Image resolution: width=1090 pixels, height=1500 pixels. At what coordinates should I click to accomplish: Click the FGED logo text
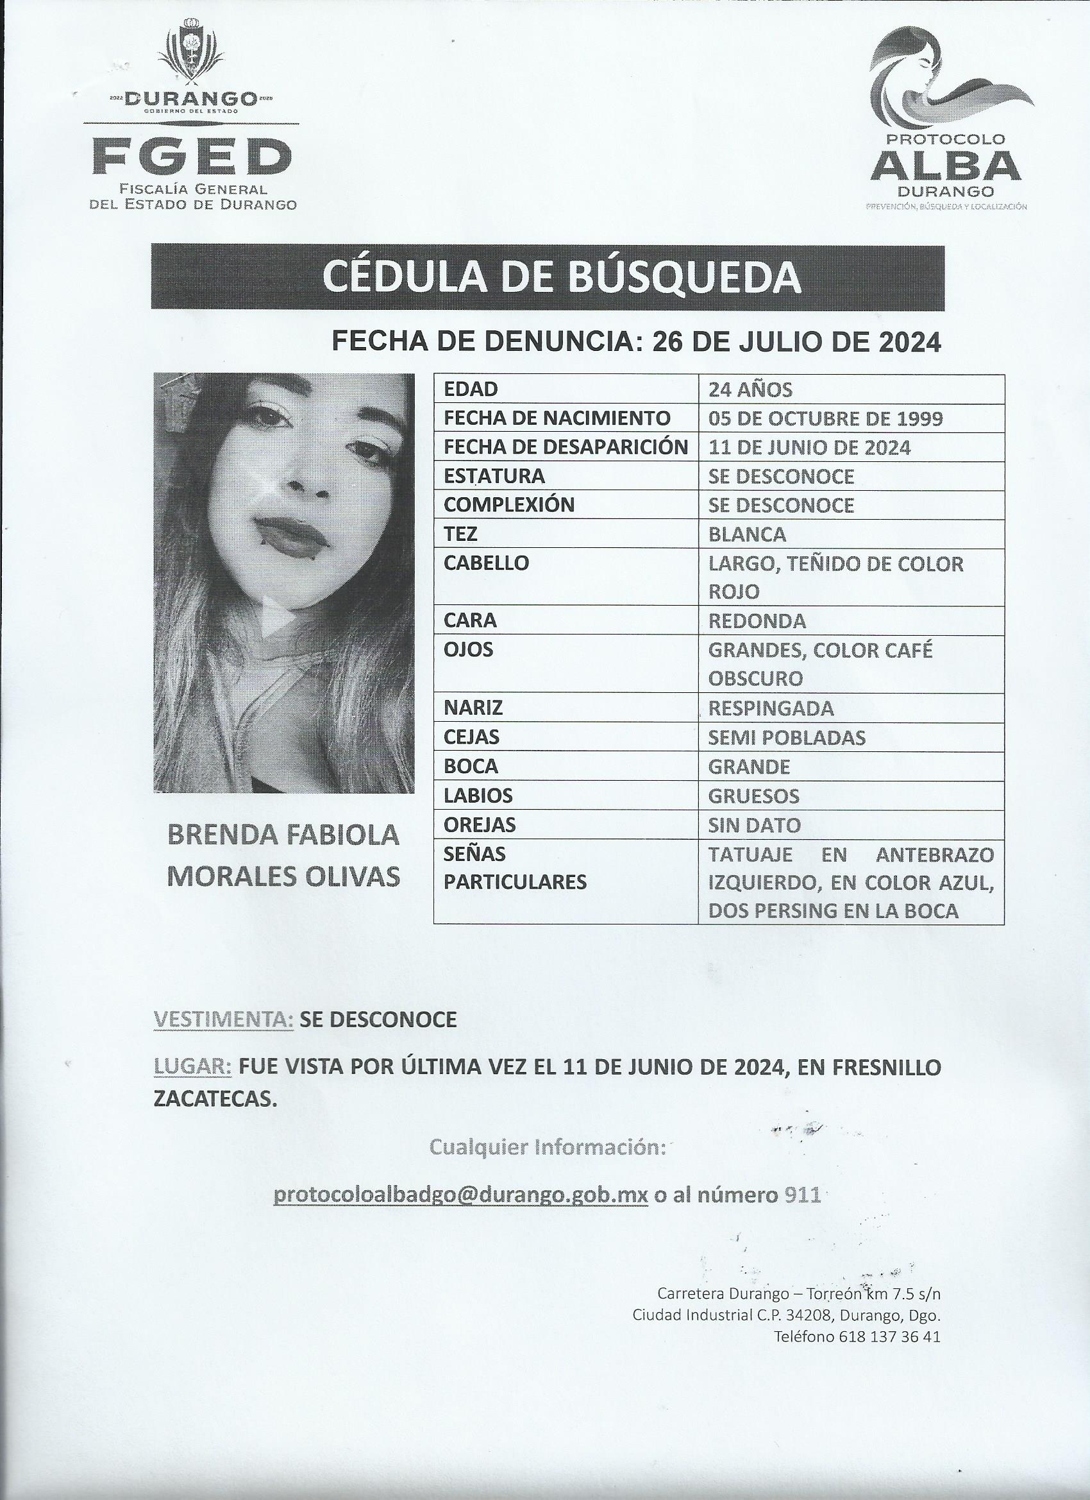(x=192, y=155)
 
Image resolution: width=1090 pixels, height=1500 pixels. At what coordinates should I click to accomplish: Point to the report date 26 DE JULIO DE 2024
(x=796, y=342)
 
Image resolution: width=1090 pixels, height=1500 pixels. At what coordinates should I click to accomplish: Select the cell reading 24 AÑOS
(x=750, y=389)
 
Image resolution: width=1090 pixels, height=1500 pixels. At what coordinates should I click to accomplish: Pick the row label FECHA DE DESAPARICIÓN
(x=566, y=448)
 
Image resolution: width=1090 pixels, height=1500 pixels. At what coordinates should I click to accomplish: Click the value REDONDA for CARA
(x=757, y=621)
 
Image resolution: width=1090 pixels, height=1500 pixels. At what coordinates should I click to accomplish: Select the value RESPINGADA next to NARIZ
(x=771, y=708)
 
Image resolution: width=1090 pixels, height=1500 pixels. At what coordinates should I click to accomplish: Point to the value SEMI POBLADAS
(x=787, y=737)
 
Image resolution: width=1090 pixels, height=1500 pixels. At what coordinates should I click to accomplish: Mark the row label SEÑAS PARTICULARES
(x=515, y=867)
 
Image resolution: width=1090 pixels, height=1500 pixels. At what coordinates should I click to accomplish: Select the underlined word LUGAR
(x=192, y=1067)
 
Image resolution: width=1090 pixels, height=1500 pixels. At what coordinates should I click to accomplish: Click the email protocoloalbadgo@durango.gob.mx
(x=460, y=1195)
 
